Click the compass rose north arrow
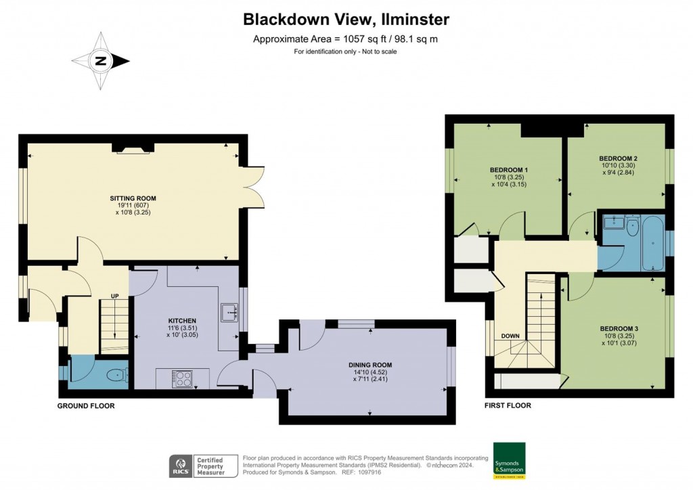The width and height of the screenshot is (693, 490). pos(101,62)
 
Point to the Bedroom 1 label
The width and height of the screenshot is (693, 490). pos(508,170)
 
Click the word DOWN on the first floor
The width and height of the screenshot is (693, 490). pos(510,336)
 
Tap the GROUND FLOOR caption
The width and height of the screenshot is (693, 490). pos(85,406)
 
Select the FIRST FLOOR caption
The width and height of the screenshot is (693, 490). pos(508,406)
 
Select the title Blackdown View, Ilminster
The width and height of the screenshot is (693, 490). pos(346,20)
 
